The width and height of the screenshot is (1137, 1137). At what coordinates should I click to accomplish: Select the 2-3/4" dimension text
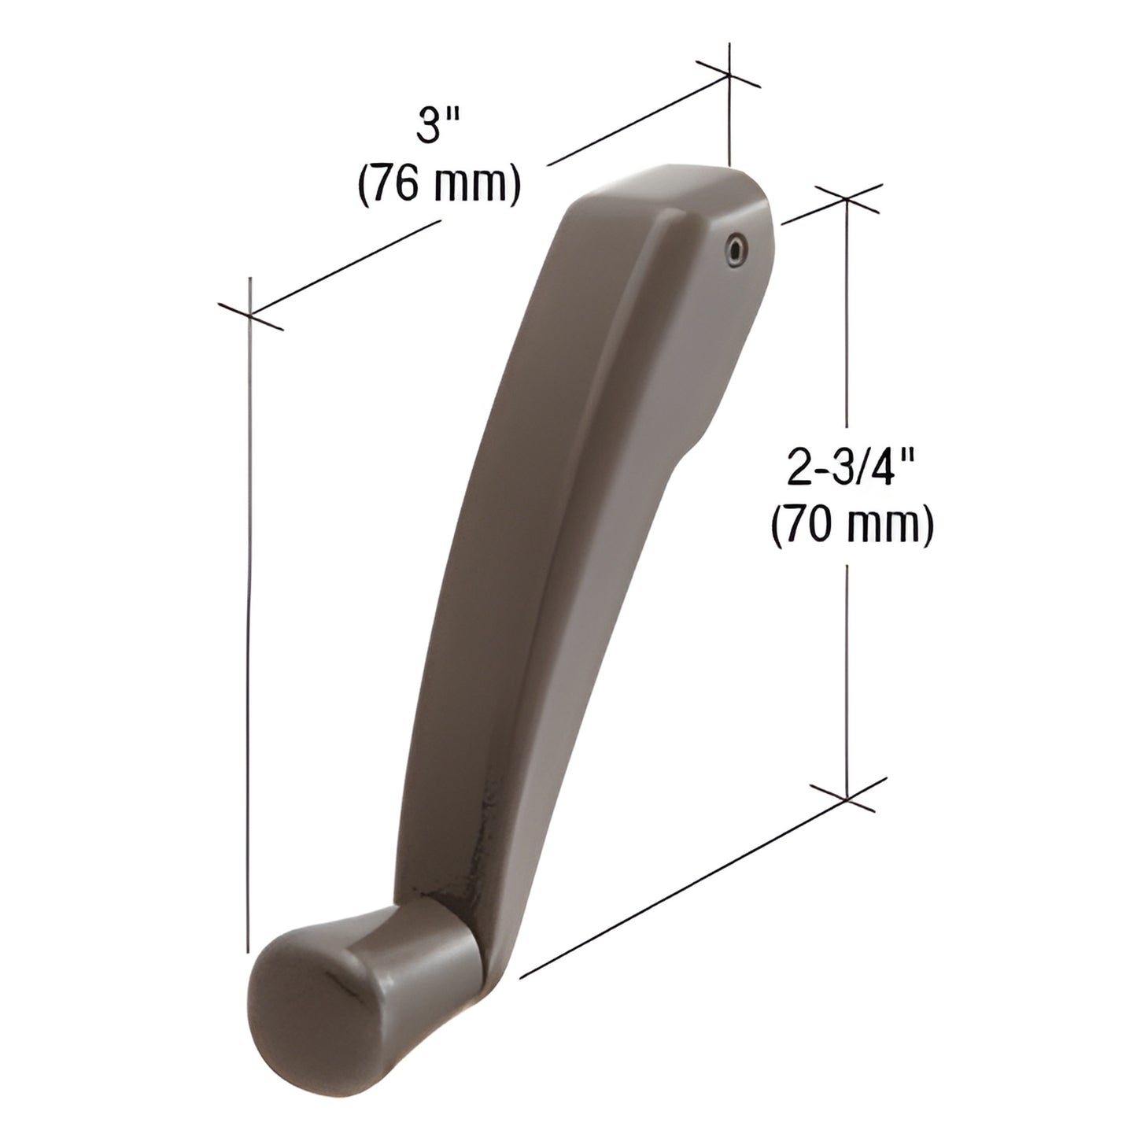click(x=851, y=470)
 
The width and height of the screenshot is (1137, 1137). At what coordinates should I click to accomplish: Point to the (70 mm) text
click(x=851, y=526)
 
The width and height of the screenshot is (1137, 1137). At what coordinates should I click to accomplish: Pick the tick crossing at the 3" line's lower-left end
click(x=249, y=316)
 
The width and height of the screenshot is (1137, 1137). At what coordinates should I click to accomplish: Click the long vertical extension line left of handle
click(x=249, y=629)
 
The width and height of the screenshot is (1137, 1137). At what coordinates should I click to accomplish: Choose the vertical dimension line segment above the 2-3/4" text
click(x=847, y=315)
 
